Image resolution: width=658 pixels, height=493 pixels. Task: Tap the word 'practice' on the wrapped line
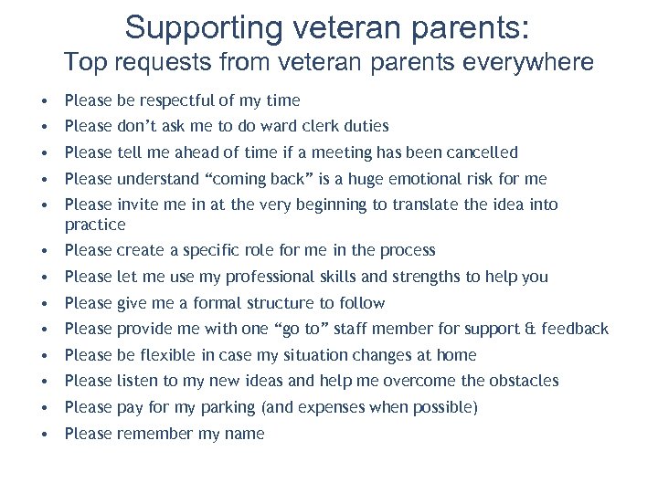[x=95, y=224]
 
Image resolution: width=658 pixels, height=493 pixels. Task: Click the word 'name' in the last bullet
[x=244, y=434]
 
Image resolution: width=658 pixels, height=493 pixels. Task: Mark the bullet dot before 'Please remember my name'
[x=45, y=435]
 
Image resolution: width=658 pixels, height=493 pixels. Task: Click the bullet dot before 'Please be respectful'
[x=45, y=100]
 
